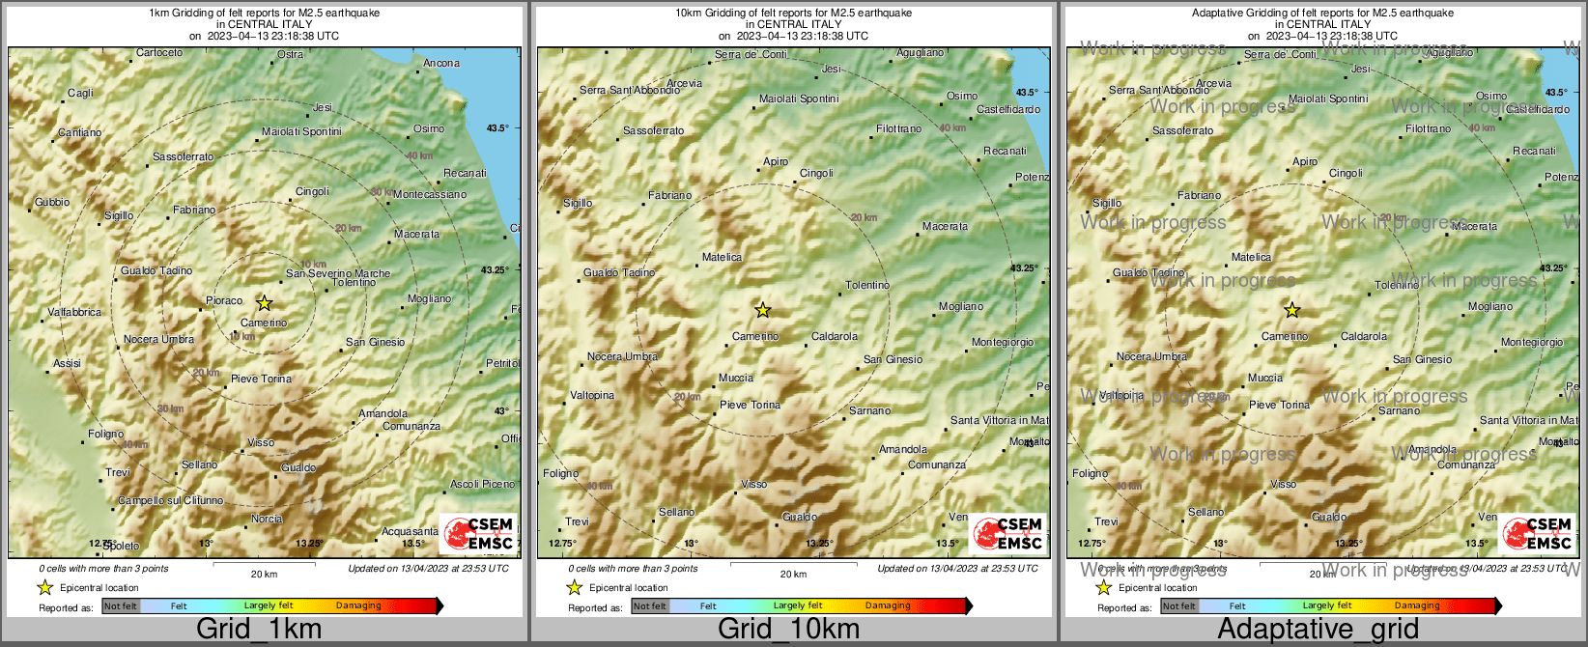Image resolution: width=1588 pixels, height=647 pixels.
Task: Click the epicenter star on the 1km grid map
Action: click(x=264, y=303)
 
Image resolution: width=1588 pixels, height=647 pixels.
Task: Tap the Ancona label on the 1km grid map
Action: click(x=441, y=64)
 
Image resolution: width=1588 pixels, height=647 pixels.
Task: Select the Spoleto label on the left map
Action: click(x=122, y=547)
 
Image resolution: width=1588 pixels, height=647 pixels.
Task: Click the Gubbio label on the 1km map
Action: click(x=52, y=203)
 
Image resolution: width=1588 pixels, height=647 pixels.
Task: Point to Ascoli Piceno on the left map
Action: click(x=482, y=484)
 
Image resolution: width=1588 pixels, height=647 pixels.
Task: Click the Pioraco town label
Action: click(x=224, y=301)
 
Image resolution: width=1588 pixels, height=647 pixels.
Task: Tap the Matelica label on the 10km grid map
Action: click(x=722, y=258)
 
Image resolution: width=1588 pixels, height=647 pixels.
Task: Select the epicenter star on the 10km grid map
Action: click(x=763, y=310)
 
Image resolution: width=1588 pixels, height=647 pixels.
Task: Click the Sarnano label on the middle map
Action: click(x=869, y=411)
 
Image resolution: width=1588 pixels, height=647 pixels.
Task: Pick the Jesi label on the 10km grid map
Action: click(x=831, y=70)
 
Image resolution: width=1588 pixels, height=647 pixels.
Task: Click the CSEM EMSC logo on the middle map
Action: click(x=1008, y=534)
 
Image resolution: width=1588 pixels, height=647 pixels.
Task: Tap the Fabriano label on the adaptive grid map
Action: click(x=1199, y=196)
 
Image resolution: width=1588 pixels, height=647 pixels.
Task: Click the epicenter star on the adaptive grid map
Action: click(x=1292, y=310)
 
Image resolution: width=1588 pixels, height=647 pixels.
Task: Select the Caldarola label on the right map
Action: click(x=1363, y=337)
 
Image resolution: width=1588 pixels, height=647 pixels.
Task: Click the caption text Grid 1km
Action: click(x=259, y=630)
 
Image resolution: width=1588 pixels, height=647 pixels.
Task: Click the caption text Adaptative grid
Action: click(x=1318, y=630)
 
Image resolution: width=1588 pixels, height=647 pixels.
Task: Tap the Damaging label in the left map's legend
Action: click(x=358, y=606)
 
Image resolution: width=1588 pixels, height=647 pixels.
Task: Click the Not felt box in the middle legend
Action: click(x=650, y=606)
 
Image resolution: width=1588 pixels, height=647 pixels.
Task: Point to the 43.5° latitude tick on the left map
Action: click(x=496, y=127)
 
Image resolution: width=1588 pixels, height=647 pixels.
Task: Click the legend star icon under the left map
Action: click(x=44, y=587)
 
